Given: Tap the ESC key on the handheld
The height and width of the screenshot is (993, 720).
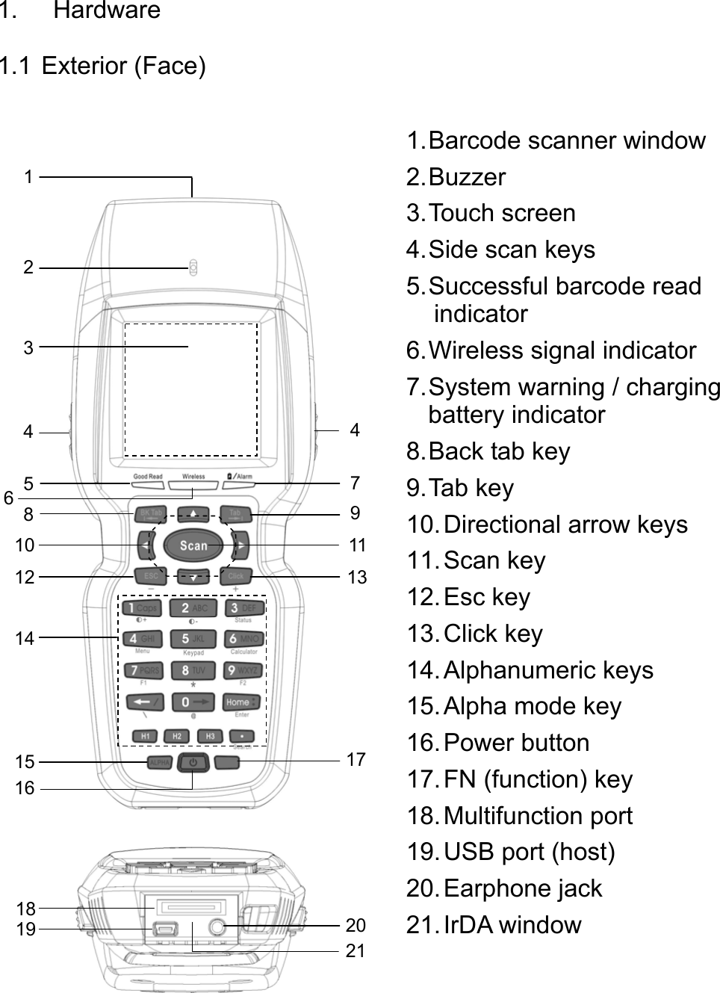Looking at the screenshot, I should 150,576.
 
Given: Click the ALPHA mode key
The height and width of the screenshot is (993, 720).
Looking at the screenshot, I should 159,762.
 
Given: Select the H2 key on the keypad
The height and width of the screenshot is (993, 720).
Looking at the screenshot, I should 177,736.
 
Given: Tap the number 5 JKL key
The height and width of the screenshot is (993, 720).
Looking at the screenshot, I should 193,639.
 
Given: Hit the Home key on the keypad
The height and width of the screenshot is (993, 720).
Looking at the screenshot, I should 241,702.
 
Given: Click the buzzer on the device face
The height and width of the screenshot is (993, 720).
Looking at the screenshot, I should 193,267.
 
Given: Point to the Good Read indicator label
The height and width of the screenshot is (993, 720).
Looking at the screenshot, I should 147,476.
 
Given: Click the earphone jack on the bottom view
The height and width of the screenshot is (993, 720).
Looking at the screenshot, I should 217,927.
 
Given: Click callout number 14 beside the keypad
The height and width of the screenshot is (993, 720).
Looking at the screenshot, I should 25,638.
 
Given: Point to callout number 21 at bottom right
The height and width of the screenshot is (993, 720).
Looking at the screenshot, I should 356,950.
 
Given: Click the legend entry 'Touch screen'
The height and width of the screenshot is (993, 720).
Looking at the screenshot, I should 491,213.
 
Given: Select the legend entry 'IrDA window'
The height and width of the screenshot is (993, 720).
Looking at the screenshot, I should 494,924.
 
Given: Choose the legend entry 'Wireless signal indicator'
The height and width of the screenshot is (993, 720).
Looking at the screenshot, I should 551,350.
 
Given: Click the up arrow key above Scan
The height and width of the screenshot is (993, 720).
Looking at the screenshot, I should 193,514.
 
